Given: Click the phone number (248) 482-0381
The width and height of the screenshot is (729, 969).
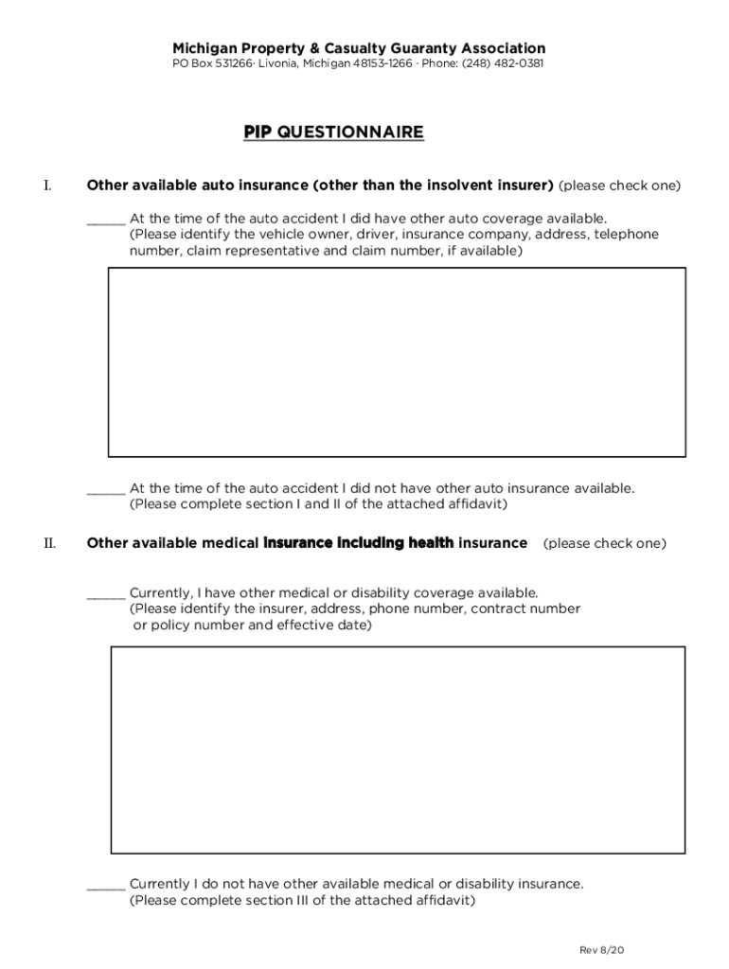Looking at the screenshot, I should [x=503, y=63].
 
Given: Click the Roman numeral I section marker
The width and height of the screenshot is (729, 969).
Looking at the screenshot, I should [x=46, y=185].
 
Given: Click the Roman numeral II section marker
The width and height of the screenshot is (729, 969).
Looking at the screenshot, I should [x=49, y=543].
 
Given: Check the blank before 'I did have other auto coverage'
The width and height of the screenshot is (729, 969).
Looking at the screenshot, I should [x=105, y=219].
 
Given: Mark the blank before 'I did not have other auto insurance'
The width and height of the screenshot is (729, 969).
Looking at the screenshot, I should [x=105, y=489].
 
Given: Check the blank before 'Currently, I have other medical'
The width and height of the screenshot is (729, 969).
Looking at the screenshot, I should [x=105, y=593].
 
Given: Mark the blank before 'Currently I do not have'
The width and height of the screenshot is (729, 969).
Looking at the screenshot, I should [x=105, y=885].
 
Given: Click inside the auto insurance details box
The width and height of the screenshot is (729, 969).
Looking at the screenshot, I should [x=397, y=361].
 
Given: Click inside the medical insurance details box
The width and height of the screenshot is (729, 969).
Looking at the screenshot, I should [x=398, y=749].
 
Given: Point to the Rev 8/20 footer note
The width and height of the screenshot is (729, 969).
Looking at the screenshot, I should [x=602, y=949].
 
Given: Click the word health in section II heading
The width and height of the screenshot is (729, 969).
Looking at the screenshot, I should [x=431, y=543].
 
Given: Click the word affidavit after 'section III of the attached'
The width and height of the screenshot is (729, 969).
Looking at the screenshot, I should [x=444, y=901].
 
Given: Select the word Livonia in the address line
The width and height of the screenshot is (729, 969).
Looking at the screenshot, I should [x=278, y=63].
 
